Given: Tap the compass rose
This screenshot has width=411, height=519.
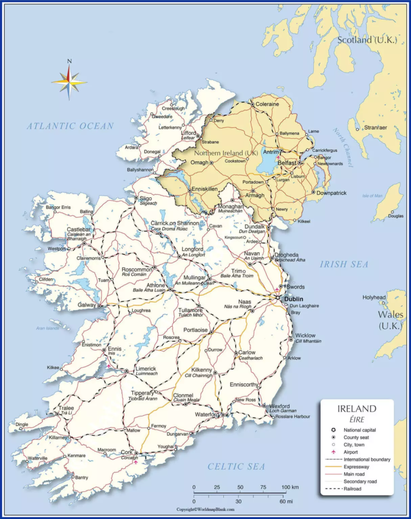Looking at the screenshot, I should (69, 81).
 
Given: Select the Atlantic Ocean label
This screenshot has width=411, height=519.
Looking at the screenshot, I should (71, 126).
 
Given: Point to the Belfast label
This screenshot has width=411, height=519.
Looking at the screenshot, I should (287, 162).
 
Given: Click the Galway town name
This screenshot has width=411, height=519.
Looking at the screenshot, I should (87, 305).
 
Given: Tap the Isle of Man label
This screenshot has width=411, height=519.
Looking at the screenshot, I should (372, 196).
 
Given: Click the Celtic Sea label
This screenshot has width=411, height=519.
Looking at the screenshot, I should (236, 467).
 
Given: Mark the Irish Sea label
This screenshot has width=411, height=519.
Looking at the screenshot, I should (344, 264).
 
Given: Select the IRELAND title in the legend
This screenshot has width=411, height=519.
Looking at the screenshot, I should (356, 409).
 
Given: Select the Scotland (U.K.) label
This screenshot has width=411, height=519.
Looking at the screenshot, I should (367, 40).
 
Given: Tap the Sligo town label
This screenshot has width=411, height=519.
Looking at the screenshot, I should (145, 198).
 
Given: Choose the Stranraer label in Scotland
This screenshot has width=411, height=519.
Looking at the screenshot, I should (376, 128).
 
